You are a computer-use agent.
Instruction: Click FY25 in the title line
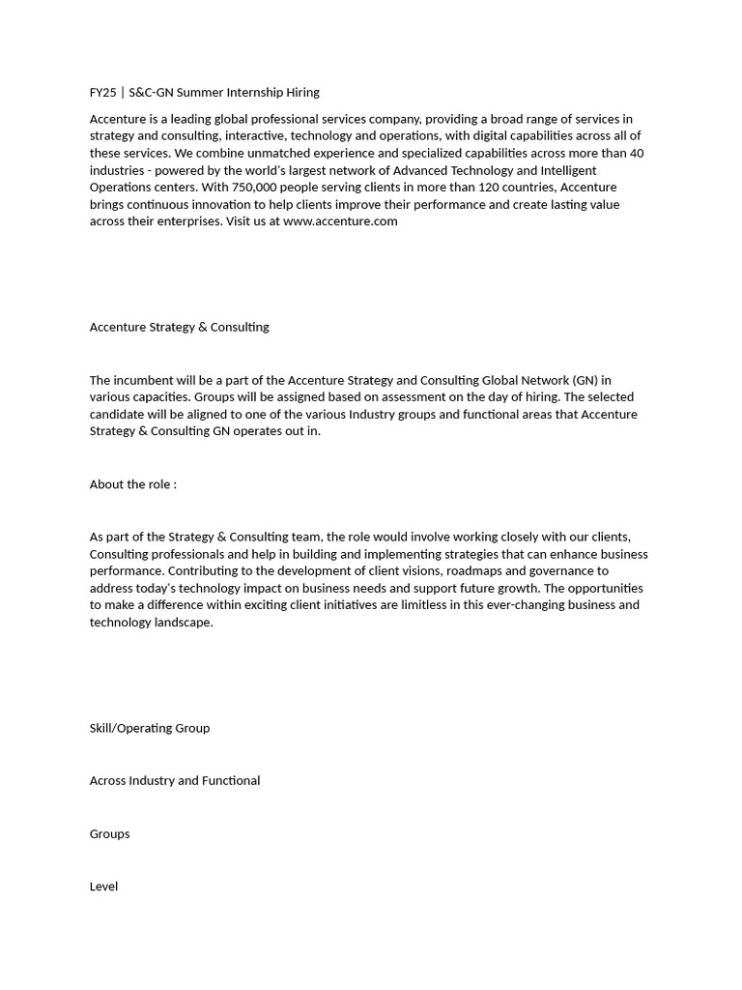(103, 93)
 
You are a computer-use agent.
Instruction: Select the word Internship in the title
(255, 93)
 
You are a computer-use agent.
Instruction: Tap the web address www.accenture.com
(340, 221)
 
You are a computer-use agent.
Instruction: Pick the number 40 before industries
(636, 153)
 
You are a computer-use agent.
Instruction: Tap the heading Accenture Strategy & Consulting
(179, 327)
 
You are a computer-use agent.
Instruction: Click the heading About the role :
(132, 484)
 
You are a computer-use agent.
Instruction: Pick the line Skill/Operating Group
(149, 728)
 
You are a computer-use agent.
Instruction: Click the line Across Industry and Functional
(174, 781)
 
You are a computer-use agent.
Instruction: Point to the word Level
(103, 887)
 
